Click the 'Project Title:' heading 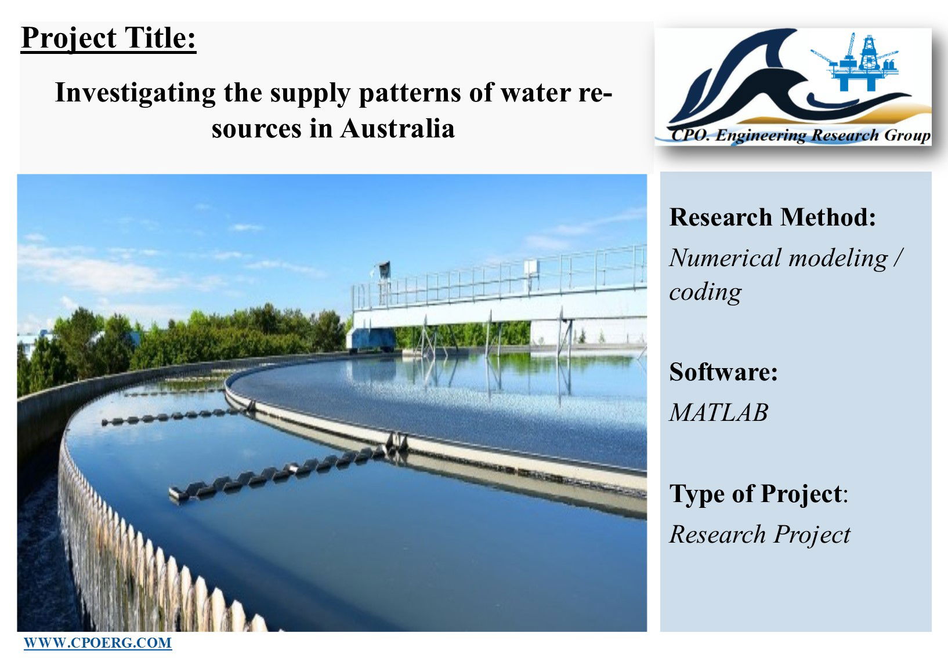[x=108, y=39]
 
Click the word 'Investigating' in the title [x=135, y=93]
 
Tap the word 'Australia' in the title [x=397, y=129]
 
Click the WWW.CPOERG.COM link [x=98, y=643]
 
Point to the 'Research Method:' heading [x=772, y=217]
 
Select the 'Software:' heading [x=723, y=372]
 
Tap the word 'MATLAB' [x=719, y=412]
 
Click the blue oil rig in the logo [x=855, y=62]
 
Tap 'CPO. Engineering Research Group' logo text [x=800, y=135]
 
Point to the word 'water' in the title [x=536, y=93]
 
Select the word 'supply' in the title [x=310, y=93]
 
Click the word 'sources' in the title [x=256, y=129]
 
